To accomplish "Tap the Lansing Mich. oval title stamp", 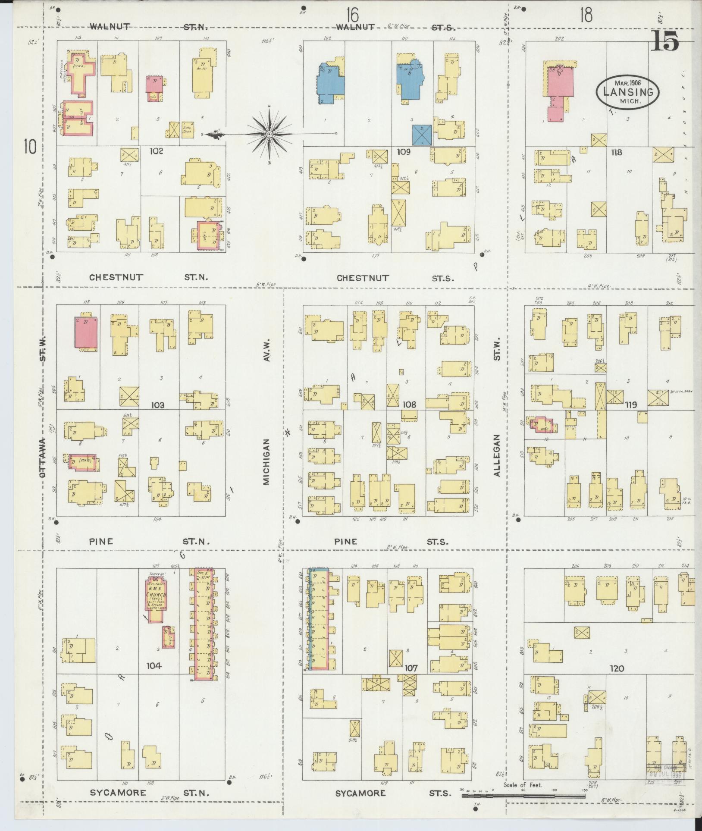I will (x=628, y=91).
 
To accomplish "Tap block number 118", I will (x=617, y=152).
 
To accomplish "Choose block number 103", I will (x=158, y=405).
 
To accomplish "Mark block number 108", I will (x=409, y=405).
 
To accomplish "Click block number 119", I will (x=631, y=405).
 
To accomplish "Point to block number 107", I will (x=411, y=668).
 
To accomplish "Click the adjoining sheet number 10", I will (x=30, y=147).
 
